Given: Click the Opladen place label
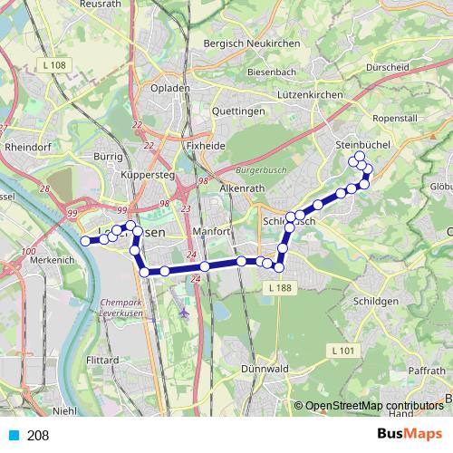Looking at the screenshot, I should click(171, 88).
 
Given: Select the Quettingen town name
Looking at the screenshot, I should click(237, 111).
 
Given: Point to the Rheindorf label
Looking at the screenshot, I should click(29, 145).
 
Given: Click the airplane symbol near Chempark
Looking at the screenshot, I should click(186, 313).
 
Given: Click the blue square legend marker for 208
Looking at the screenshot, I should click(13, 436).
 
